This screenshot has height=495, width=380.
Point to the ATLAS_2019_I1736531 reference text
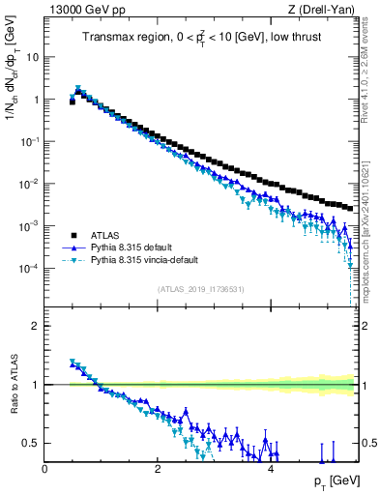click(x=200, y=288)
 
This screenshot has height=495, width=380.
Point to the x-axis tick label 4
click(x=271, y=469)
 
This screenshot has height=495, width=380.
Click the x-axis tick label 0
click(x=44, y=469)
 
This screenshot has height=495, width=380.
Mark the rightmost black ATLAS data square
click(x=348, y=207)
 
